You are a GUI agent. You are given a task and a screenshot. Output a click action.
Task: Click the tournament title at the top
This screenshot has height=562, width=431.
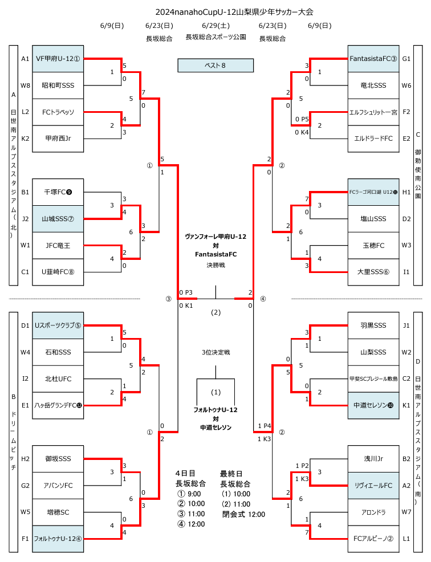[234, 11]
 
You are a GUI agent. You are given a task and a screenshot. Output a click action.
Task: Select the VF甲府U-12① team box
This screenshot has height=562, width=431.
[58, 59]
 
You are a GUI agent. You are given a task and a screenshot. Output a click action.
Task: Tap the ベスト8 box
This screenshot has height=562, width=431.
[215, 66]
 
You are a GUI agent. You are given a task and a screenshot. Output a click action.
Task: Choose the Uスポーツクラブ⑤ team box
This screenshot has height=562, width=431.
[58, 325]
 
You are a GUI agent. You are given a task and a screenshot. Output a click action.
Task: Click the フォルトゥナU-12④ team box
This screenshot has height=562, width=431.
[58, 538]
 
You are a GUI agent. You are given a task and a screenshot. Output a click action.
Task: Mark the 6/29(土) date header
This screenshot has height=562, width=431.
[215, 26]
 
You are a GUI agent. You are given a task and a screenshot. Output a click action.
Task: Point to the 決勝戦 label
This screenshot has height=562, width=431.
[215, 265]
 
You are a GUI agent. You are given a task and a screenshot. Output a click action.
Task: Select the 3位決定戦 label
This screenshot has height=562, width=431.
[215, 352]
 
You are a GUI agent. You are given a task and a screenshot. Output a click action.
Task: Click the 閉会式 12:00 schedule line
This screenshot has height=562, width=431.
[243, 514]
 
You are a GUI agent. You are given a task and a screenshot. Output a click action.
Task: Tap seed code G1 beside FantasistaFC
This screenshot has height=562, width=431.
[406, 59]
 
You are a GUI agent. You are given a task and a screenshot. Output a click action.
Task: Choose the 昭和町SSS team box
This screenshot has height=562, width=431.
[58, 85]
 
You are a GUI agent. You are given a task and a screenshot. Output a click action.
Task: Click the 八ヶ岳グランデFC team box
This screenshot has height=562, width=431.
[58, 405]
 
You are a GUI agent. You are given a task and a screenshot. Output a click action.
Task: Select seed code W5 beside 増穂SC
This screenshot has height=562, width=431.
[25, 512]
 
